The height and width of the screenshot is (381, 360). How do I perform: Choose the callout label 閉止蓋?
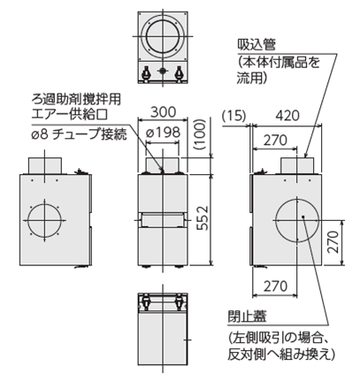(x=246, y=316)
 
